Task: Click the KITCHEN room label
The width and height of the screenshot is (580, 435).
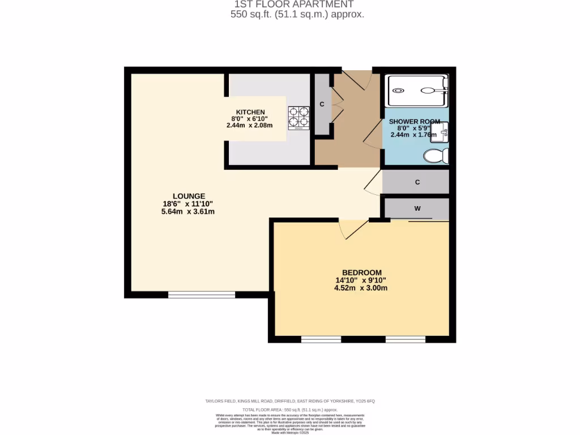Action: tap(250, 112)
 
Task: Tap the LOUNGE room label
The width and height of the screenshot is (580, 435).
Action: tap(189, 196)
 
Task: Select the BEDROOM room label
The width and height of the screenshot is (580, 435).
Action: tap(361, 272)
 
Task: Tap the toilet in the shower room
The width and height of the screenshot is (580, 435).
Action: tap(436, 156)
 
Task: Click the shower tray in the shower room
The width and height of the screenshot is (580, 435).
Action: tap(417, 89)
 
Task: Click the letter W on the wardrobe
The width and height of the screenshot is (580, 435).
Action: tap(417, 208)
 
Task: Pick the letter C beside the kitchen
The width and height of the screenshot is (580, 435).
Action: tap(322, 104)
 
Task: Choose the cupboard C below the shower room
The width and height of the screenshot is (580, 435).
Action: tap(417, 182)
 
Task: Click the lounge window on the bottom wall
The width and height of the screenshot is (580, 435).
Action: tap(202, 295)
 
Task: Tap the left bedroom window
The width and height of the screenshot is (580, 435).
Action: tap(321, 339)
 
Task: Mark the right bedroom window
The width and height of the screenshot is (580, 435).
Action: tap(406, 339)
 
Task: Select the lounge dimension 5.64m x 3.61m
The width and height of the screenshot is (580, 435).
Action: tap(188, 212)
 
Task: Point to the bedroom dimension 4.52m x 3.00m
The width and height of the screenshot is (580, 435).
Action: tap(361, 288)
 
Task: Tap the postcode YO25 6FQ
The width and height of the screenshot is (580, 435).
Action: tap(363, 401)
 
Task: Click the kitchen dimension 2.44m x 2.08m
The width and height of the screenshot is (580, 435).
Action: tap(250, 126)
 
